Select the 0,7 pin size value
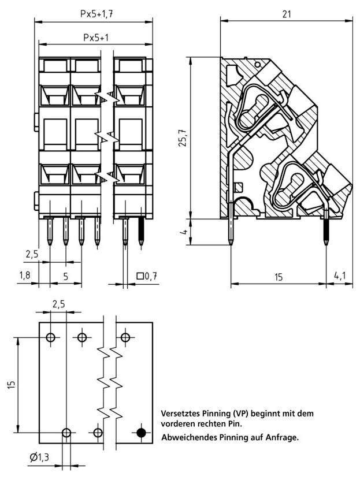151,277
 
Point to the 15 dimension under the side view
278,277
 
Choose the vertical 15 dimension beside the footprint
12,385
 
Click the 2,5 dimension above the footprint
59,304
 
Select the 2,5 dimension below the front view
32,253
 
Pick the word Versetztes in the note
180,414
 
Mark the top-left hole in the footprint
51,337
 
